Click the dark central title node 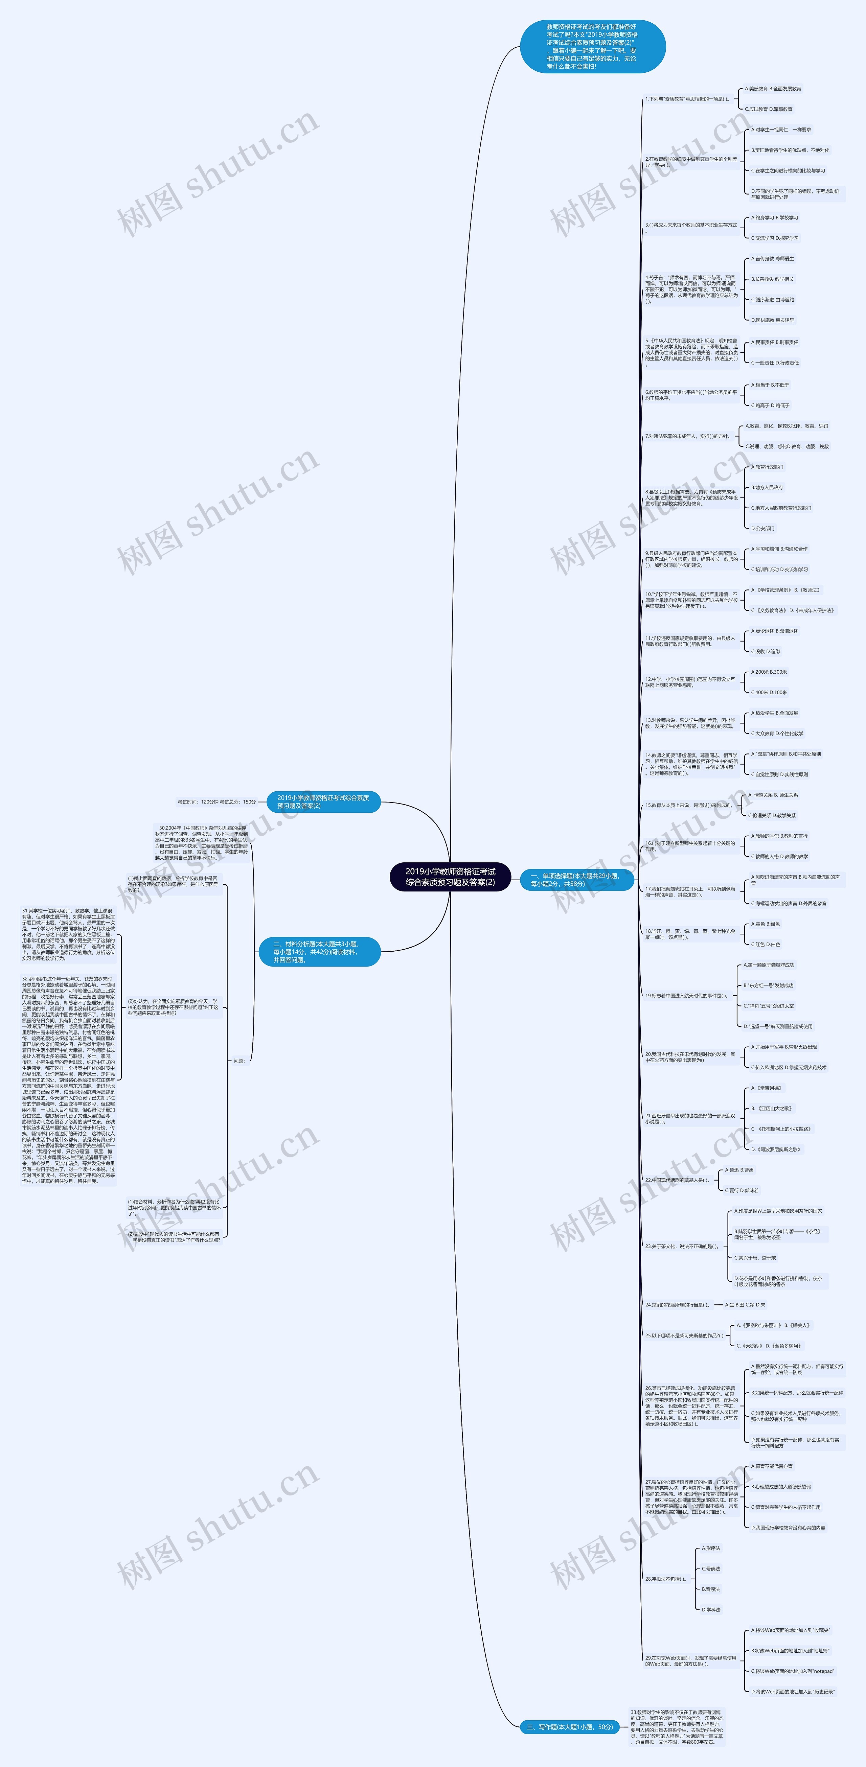450,877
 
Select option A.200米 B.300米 769,672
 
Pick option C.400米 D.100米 769,693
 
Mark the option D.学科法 711,1609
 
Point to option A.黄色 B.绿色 765,924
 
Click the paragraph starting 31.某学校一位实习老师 69,934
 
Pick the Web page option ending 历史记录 793,1692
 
